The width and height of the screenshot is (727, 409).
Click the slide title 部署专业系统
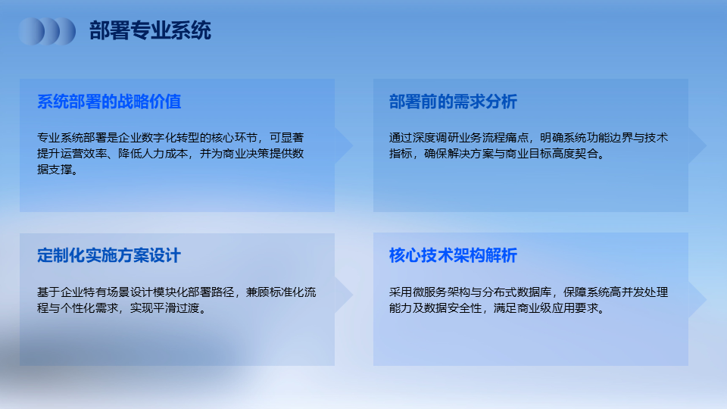click(150, 30)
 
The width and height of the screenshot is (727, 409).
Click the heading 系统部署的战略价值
click(109, 101)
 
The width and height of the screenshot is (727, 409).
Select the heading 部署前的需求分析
click(453, 101)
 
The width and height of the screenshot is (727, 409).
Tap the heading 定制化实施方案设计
click(109, 255)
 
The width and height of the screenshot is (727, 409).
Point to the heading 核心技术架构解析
click(453, 255)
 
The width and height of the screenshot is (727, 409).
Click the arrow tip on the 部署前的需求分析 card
click(706, 145)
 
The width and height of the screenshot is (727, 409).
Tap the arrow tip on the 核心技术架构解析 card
click(706, 300)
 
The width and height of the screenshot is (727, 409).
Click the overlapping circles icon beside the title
click(47, 31)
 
